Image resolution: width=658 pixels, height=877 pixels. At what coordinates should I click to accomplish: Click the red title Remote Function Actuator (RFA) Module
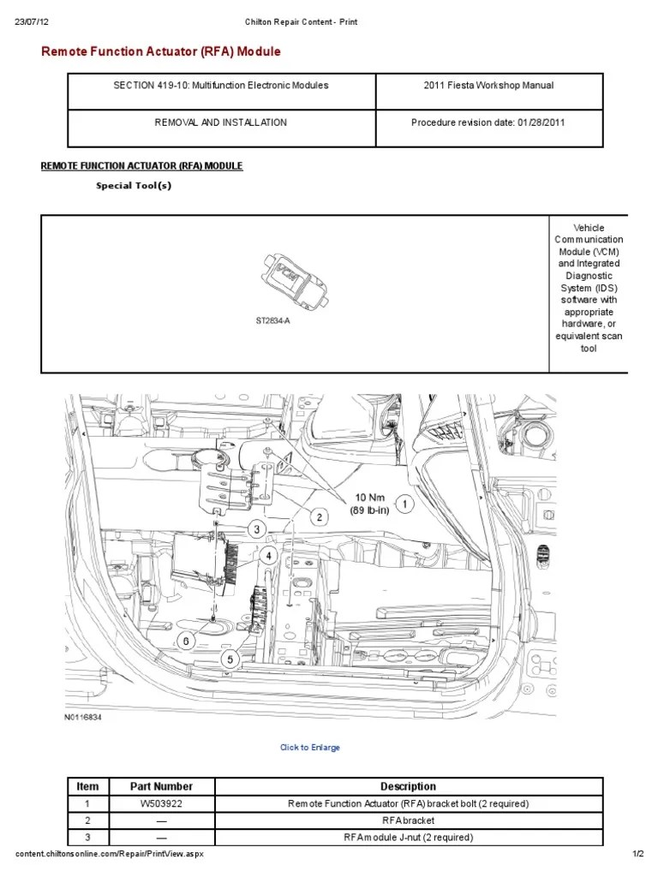point(161,52)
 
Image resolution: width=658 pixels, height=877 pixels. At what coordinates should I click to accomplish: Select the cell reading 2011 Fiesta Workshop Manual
point(488,86)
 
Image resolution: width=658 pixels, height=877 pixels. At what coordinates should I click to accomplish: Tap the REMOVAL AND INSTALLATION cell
point(221,122)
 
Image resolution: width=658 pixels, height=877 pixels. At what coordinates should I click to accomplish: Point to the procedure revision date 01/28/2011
point(488,122)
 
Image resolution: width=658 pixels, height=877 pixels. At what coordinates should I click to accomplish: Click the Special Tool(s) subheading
point(134,186)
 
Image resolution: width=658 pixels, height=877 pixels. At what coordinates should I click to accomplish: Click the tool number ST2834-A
point(272,321)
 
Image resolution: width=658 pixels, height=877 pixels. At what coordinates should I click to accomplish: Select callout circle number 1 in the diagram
point(404,504)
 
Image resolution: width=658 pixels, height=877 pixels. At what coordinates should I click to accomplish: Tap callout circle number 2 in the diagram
point(318,516)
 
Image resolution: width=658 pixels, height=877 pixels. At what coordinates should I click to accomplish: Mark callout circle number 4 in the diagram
point(268,555)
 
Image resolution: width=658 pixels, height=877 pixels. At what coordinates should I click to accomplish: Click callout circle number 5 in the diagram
point(229,659)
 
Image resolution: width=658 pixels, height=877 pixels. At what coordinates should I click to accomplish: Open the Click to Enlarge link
point(310,748)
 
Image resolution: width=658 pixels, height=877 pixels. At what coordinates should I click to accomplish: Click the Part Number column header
point(161,786)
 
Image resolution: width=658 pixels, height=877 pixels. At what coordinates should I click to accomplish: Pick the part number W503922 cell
point(161,804)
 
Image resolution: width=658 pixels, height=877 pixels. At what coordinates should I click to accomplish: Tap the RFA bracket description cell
point(408,820)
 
